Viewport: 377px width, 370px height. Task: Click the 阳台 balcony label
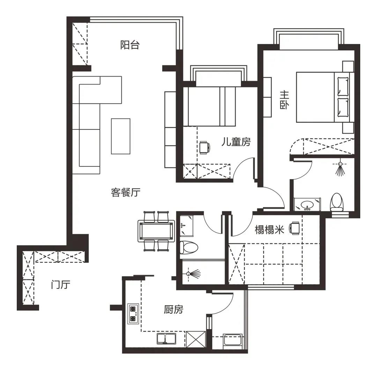pyautogui.click(x=130, y=45)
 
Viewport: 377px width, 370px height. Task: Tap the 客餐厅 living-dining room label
pyautogui.click(x=126, y=192)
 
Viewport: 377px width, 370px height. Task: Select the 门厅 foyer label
pyautogui.click(x=61, y=284)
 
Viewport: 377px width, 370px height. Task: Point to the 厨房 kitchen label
pyautogui.click(x=173, y=309)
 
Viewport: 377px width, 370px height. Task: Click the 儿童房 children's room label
pyautogui.click(x=236, y=142)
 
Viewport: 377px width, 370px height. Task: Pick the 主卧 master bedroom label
pyautogui.click(x=284, y=100)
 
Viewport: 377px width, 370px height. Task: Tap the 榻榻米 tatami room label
pyautogui.click(x=269, y=229)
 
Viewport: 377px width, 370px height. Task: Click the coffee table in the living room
pyautogui.click(x=120, y=136)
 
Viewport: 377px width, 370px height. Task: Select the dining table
pyautogui.click(x=156, y=231)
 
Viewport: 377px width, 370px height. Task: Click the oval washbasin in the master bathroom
pyautogui.click(x=307, y=205)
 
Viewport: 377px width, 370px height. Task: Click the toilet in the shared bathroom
pyautogui.click(x=189, y=247)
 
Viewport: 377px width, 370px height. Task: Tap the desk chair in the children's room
pyautogui.click(x=205, y=147)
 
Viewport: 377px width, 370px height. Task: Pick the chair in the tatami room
pyautogui.click(x=295, y=228)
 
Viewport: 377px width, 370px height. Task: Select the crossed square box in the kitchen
pyautogui.click(x=196, y=339)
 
